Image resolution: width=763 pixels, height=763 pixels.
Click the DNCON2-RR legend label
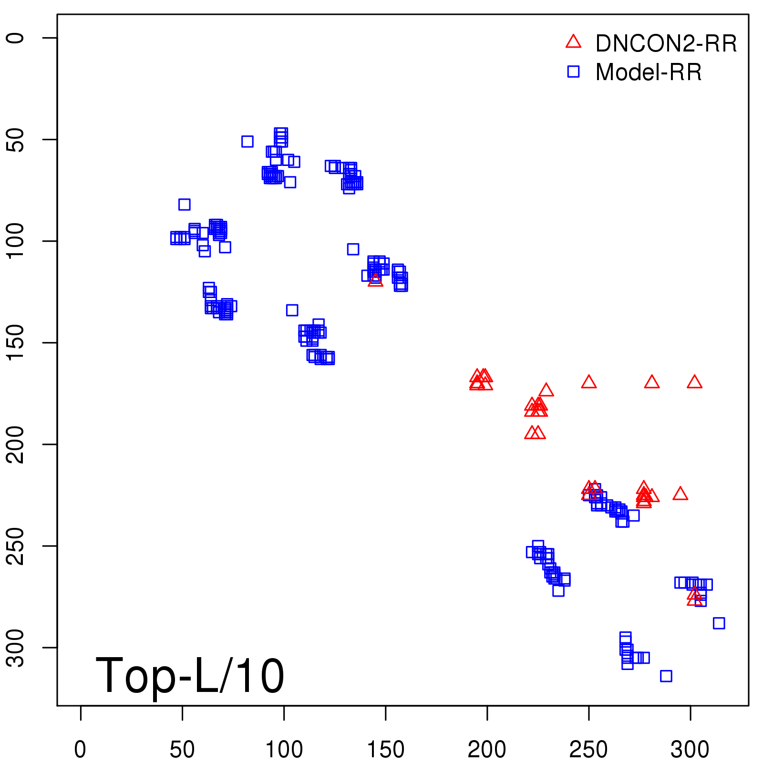(x=666, y=43)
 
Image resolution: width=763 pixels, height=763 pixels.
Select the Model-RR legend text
(x=649, y=72)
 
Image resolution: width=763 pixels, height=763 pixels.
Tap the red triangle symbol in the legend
(x=573, y=42)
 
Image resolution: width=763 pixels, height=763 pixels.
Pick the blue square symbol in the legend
(x=573, y=72)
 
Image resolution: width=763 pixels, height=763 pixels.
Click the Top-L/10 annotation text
(x=190, y=675)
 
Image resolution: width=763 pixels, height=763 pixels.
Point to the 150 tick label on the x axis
(x=385, y=750)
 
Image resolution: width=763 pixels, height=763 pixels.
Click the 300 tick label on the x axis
(x=690, y=750)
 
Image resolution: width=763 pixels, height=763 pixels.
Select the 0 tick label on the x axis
(x=81, y=750)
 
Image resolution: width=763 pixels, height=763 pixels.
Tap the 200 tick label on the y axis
(x=16, y=444)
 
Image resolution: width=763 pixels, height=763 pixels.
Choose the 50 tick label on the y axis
(x=16, y=140)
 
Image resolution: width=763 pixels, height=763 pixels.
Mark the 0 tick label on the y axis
(x=16, y=38)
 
